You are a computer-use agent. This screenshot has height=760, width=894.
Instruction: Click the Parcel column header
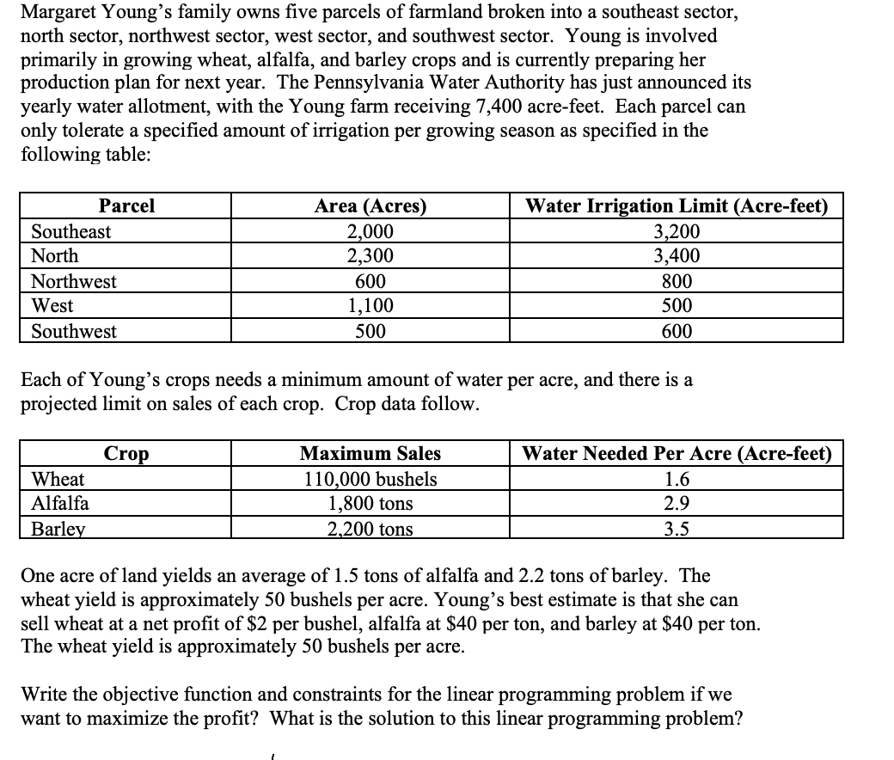point(126,206)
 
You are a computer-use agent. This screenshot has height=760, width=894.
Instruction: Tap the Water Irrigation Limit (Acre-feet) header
point(677,206)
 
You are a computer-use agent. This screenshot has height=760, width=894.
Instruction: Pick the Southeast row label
point(71,231)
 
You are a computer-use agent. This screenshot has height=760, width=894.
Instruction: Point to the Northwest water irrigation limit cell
point(677,281)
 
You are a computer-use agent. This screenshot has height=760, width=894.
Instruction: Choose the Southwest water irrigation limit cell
point(677,331)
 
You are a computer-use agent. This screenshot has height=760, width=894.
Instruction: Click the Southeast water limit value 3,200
point(677,231)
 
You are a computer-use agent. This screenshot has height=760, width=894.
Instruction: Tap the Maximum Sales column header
point(370,453)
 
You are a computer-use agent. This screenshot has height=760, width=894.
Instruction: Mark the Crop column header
point(126,453)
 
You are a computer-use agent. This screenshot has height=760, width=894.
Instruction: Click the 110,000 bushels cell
point(370,479)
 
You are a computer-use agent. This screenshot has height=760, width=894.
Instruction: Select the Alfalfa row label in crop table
point(60,503)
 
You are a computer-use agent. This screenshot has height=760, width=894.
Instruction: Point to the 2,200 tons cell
point(370,529)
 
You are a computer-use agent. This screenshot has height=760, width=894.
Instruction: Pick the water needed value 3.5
point(677,529)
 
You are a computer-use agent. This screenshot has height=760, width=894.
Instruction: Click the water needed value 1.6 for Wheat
point(677,479)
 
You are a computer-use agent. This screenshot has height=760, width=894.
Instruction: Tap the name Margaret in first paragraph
point(60,14)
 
